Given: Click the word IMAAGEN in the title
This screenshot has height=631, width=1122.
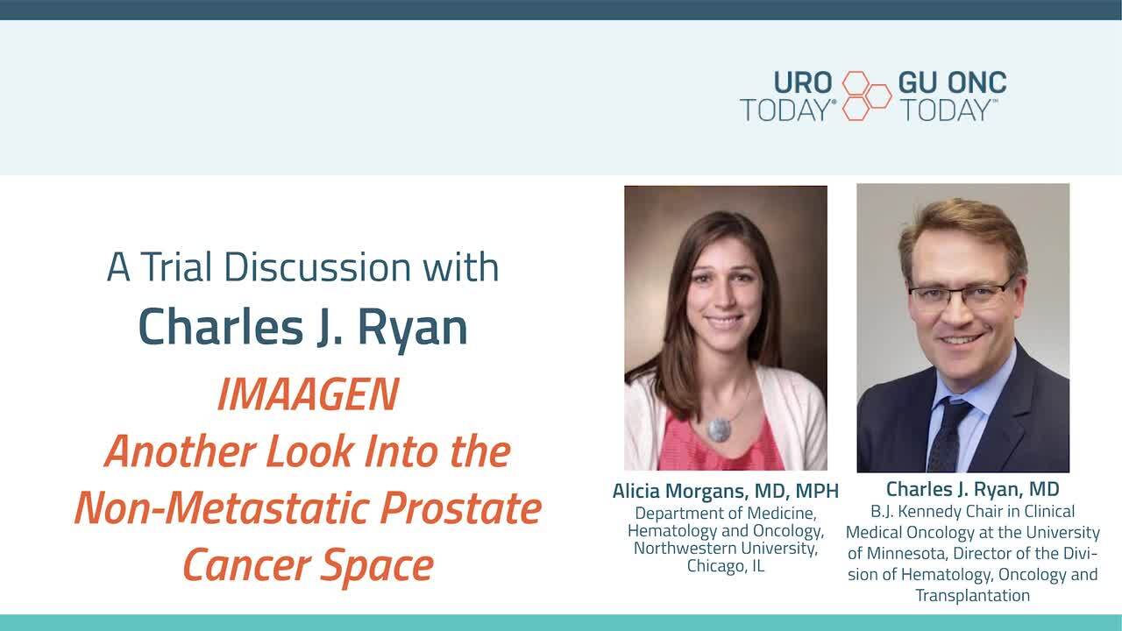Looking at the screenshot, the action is tap(308, 394).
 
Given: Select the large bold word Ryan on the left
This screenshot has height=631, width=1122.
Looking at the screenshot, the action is tap(412, 328).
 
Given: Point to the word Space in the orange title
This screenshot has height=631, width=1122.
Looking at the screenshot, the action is tap(377, 566).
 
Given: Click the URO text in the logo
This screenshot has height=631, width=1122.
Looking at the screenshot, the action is tap(803, 82).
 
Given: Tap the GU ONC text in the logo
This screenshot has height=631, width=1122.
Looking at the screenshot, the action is tap(952, 82).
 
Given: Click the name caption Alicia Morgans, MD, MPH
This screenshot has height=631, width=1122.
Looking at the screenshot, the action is tap(725, 492).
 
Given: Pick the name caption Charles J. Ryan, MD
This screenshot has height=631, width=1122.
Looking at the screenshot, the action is tap(972, 489).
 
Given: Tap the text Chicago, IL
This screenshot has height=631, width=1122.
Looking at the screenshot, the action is tap(726, 566).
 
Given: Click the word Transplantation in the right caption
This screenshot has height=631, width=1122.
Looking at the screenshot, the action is tap(973, 595).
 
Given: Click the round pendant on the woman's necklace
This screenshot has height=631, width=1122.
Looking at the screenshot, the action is tap(720, 429).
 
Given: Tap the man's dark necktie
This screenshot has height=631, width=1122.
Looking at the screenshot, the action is tap(949, 434).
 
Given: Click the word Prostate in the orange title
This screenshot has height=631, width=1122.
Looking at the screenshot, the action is tap(461, 507).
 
